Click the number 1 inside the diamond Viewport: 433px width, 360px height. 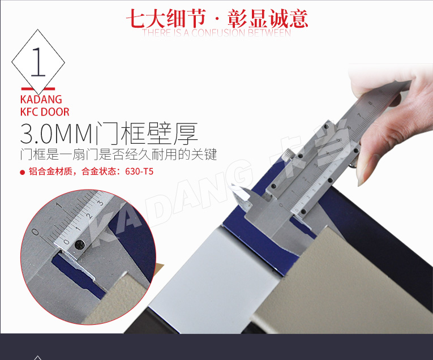coord(38,61)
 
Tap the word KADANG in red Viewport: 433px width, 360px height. coord(40,100)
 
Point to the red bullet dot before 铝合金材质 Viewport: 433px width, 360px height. coord(23,172)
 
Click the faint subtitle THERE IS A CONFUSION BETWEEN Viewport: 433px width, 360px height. coord(217,32)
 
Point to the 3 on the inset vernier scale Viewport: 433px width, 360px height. coord(100,202)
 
